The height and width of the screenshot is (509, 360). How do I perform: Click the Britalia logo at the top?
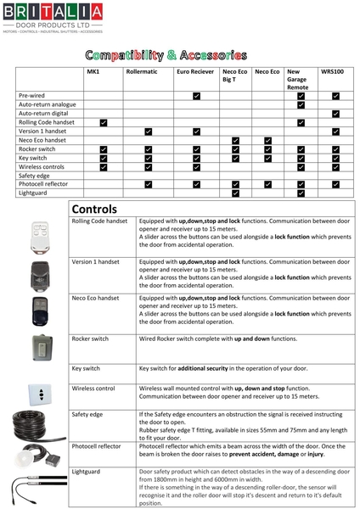tap(53, 18)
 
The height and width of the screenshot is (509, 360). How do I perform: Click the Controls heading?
tap(95, 209)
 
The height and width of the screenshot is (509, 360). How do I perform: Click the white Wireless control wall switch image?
tap(37, 392)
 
